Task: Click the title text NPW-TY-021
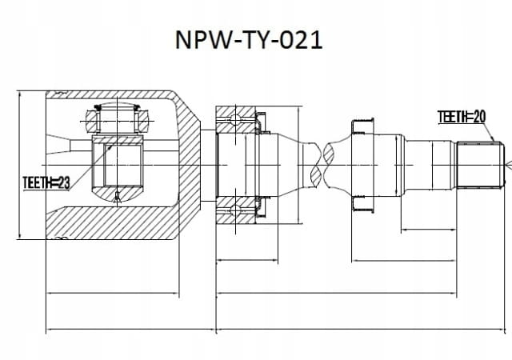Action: pos(249,40)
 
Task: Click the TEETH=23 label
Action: pos(46,183)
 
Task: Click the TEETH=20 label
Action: pos(462,117)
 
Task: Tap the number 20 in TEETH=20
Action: pos(478,117)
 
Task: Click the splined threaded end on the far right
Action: pos(480,165)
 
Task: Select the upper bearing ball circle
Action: pos(235,119)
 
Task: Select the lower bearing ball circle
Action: pos(235,210)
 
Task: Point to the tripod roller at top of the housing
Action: pos(118,120)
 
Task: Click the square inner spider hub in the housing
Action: pos(118,165)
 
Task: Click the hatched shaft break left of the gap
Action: pos(316,165)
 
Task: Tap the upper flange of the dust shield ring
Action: pos(362,126)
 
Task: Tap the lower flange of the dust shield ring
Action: pos(362,204)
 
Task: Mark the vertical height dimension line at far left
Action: pos(20,165)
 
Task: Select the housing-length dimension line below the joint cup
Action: pos(113,293)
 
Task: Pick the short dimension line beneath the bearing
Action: pos(247,260)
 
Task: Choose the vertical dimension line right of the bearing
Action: pos(298,165)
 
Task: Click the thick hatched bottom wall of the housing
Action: pos(113,222)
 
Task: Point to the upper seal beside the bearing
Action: pos(261,123)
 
